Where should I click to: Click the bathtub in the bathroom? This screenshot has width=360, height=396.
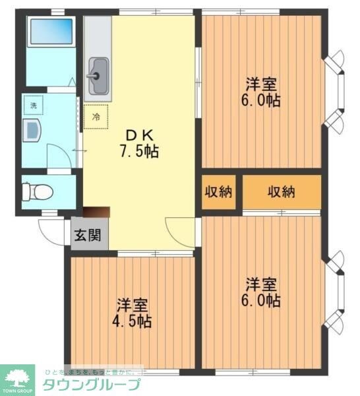pyautogui.click(x=51, y=31)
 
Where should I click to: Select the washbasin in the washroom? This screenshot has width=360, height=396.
pyautogui.click(x=31, y=129)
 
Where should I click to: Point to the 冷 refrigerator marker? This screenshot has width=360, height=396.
pyautogui.click(x=96, y=117)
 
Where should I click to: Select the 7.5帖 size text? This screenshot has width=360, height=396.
pyautogui.click(x=139, y=151)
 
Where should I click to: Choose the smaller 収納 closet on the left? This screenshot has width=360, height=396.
pyautogui.click(x=218, y=192)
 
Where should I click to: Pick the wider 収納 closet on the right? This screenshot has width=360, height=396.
pyautogui.click(x=282, y=192)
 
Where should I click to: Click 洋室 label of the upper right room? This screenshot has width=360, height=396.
pyautogui.click(x=262, y=84)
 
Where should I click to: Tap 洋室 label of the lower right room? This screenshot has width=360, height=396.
pyautogui.click(x=262, y=284)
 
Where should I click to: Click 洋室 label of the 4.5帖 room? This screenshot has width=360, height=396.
pyautogui.click(x=133, y=306)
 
